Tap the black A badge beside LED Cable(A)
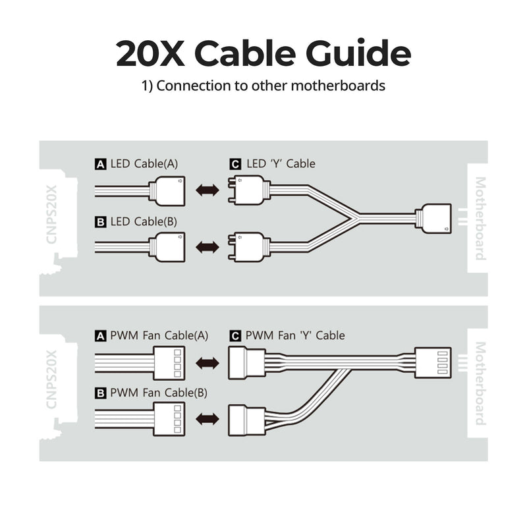100,164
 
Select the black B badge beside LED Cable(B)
100,222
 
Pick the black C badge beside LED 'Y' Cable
235,164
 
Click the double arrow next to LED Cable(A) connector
208,190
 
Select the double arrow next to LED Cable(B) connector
208,248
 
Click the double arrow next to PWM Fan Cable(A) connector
208,363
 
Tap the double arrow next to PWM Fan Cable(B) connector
208,419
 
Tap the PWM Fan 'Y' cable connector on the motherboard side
432,363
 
